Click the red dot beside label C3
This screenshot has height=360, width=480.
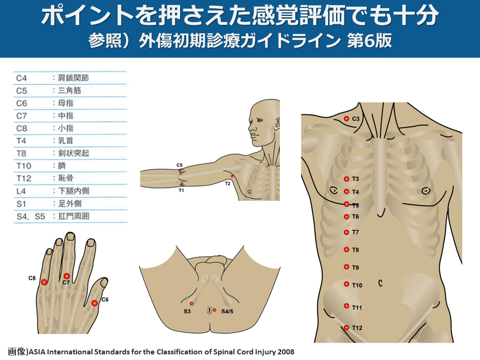pos(346,119)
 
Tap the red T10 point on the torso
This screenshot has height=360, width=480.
pos(346,284)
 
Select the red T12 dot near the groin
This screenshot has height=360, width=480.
pos(346,328)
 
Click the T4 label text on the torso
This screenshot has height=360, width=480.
pos(355,192)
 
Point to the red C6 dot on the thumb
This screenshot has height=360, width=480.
pos(95,303)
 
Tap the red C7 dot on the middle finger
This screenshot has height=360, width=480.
pos(67,276)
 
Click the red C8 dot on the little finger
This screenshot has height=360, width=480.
pos(44,282)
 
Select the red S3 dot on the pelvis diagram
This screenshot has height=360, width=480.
pos(191,303)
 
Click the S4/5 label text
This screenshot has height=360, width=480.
pos(227,311)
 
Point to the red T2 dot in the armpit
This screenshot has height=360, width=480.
pos(232,176)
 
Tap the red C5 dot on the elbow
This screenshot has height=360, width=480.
pos(180,172)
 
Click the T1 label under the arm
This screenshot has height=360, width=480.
pos(181,190)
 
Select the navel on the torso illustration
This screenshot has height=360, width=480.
pos(380,283)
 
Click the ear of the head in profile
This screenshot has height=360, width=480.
pos(277,123)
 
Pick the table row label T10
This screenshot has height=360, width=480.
pos(23,166)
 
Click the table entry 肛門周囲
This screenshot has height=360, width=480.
pos(74,216)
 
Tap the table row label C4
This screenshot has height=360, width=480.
pos(22,78)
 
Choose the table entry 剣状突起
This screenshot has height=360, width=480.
pos(74,153)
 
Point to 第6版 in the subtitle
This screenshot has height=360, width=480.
pos(369,40)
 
